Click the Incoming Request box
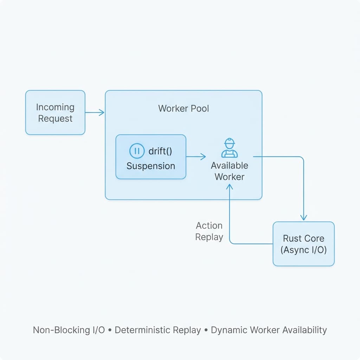(x=55, y=112)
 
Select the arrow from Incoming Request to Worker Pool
(x=95, y=112)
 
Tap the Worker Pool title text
(x=184, y=108)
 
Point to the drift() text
(x=161, y=152)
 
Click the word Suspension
(x=150, y=166)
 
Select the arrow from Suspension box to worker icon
(x=196, y=156)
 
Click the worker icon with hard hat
(x=229, y=148)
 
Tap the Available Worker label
(x=229, y=171)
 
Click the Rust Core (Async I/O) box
(x=303, y=244)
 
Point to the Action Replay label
(x=209, y=231)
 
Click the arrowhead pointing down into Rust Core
(x=304, y=218)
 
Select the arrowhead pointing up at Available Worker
(x=230, y=187)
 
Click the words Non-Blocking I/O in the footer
(x=69, y=330)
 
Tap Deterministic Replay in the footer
(x=158, y=330)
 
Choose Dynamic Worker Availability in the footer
(x=269, y=330)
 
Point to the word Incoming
(x=55, y=107)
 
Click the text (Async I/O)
(x=303, y=250)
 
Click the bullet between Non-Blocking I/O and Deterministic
(x=110, y=330)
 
